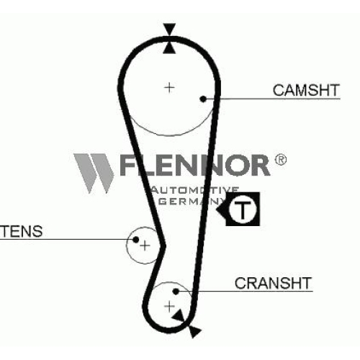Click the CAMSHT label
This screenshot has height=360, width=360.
coord(306,90)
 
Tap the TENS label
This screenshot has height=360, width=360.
coord(21,231)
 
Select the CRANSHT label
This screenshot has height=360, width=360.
coord(273,283)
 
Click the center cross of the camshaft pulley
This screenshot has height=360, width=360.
coord(169,87)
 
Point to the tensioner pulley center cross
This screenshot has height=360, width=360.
coord(145,246)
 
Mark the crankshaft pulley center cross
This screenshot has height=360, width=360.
coord(169,307)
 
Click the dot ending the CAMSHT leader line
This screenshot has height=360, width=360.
coord(203,99)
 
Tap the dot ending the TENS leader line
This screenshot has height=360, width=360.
coord(136,239)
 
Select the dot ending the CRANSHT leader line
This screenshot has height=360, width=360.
coord(176,292)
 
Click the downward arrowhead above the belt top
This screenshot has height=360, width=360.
coord(169,29)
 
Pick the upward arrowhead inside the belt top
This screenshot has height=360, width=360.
coord(169,48)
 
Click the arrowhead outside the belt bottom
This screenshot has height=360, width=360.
coord(194,331)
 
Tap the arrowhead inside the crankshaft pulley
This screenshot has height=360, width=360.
coord(179,316)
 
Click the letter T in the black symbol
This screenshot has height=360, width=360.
coord(243,210)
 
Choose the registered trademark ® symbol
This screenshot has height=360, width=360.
coord(280,160)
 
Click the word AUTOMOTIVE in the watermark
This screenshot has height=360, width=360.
coord(195,190)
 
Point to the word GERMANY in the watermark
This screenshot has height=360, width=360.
coord(192,201)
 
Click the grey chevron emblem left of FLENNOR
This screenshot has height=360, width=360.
coord(94,173)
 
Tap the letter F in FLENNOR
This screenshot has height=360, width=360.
coord(129,165)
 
